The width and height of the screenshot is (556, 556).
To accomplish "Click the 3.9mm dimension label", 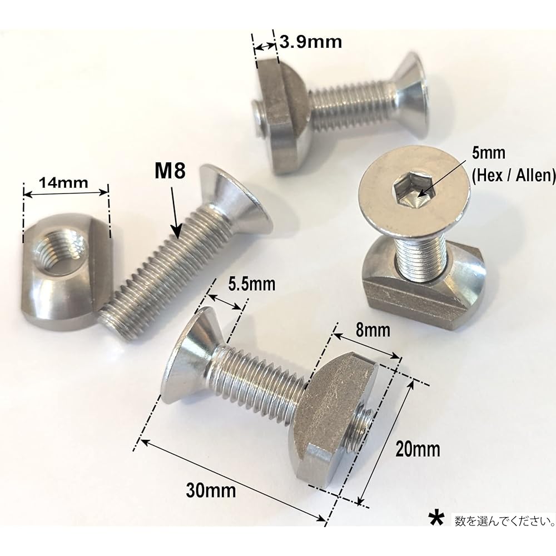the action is pyautogui.click(x=311, y=42).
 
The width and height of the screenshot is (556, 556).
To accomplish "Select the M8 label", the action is pyautogui.click(x=170, y=171).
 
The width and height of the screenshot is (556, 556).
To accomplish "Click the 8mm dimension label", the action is pyautogui.click(x=373, y=330).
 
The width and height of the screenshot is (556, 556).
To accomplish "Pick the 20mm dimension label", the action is pyautogui.click(x=418, y=449).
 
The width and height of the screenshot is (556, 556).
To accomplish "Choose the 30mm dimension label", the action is pyautogui.click(x=211, y=490).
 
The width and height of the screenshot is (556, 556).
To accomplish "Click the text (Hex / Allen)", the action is pyautogui.click(x=514, y=176).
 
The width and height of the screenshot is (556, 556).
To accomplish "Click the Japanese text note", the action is pyautogui.click(x=505, y=521).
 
